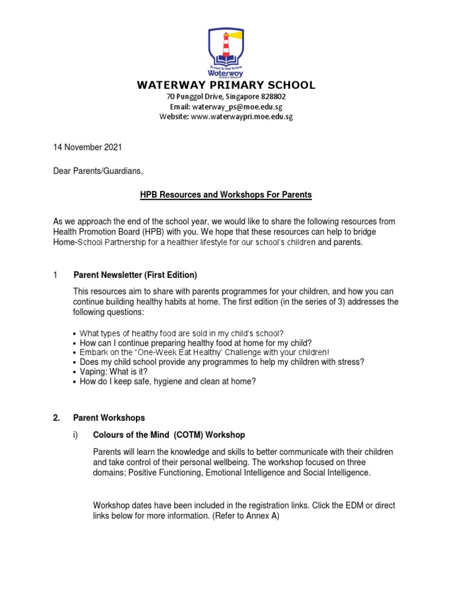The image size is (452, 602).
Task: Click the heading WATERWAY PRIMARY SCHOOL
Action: (x=226, y=85)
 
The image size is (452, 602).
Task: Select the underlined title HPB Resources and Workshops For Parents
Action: (x=226, y=195)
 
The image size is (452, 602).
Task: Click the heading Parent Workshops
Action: (x=109, y=418)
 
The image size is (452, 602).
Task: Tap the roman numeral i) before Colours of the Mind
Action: (x=75, y=435)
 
